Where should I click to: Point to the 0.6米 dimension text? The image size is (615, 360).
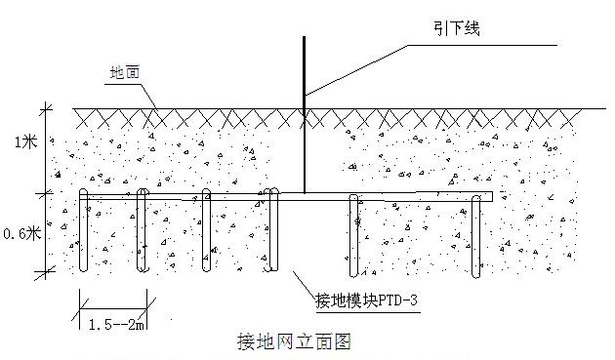coord(21,233)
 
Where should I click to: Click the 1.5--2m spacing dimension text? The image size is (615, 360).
coord(111,323)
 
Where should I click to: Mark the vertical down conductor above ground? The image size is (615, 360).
coord(304,68)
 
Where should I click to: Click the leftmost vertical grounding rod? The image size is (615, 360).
coord(83,234)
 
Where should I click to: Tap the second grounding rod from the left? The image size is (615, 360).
coord(142,234)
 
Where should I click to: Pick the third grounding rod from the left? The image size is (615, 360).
coord(206,234)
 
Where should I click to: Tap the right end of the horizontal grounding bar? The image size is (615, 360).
coord(491,197)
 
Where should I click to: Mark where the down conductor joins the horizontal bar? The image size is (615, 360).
coord(304,193)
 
